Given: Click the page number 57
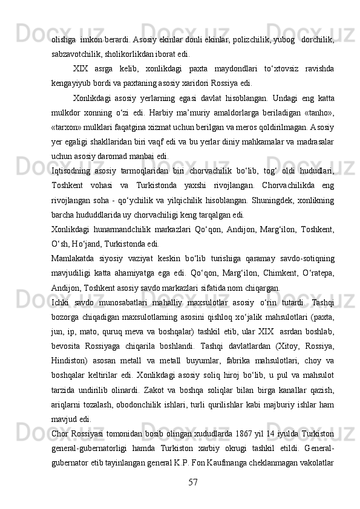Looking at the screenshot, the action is tap(192, 482).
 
